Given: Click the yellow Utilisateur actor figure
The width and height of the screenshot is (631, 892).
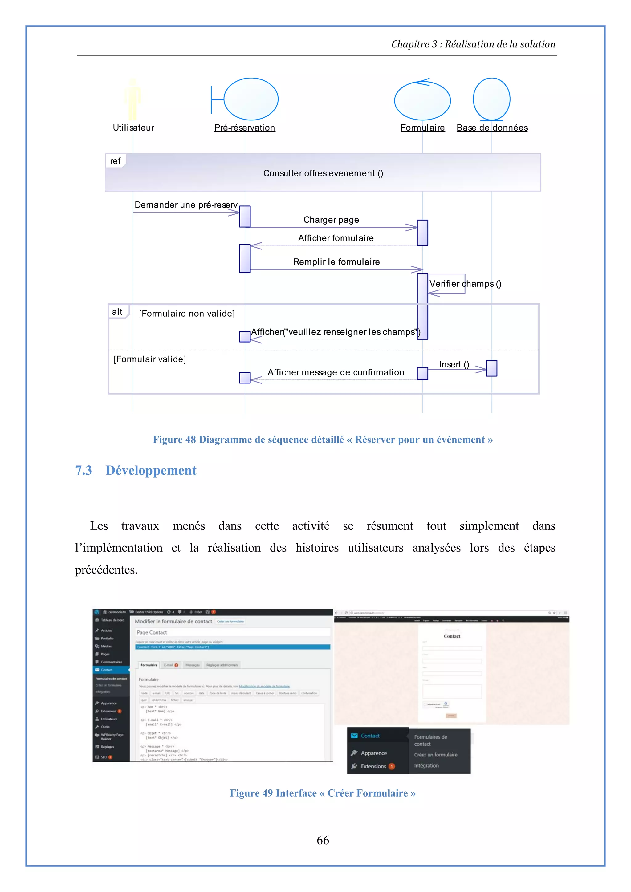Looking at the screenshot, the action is click(x=132, y=100).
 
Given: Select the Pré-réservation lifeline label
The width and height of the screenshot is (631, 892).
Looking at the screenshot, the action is click(x=244, y=128).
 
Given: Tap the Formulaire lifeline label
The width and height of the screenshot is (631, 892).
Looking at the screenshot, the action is click(x=422, y=128).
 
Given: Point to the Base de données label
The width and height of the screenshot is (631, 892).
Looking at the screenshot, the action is click(x=492, y=128).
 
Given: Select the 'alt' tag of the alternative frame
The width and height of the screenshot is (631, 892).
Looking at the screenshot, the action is click(x=117, y=312).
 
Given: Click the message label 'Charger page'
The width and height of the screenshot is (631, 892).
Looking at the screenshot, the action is click(x=331, y=220).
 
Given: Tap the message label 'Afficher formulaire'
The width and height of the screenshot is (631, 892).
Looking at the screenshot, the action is click(x=336, y=238).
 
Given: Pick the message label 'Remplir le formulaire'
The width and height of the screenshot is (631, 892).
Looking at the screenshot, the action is click(x=336, y=262).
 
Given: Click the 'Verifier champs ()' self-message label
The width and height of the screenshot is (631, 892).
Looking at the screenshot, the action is click(x=465, y=284).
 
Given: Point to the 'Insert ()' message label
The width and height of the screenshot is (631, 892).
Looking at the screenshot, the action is click(x=454, y=364).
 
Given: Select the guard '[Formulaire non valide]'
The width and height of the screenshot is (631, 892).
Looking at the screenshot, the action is click(x=187, y=314).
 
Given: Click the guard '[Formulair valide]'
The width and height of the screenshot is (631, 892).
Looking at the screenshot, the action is click(x=150, y=359).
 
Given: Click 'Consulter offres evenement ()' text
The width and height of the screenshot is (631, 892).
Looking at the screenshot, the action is click(x=323, y=173).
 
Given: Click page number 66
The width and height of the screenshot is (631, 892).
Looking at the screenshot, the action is click(x=323, y=840).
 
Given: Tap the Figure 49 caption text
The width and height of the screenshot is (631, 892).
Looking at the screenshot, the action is click(x=323, y=793).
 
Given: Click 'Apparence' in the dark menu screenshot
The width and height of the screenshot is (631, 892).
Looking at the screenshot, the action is click(x=373, y=753).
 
